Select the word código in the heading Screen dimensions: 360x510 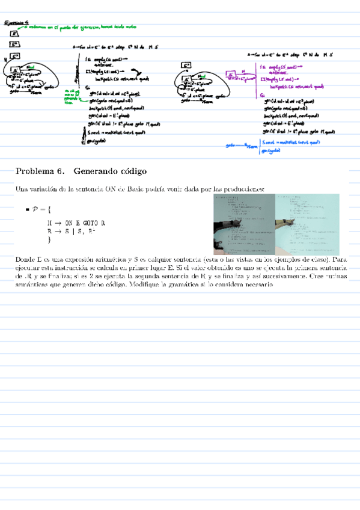[x=132, y=171]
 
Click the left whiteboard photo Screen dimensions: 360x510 [x=244, y=224]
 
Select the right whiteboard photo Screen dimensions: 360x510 [x=307, y=224]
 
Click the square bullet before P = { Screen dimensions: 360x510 [x=28, y=209]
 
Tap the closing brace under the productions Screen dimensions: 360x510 [x=49, y=239]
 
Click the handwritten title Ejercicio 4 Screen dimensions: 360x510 [x=16, y=23]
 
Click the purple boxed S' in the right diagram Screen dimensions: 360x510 [x=230, y=75]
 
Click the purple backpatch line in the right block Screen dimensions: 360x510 [x=293, y=89]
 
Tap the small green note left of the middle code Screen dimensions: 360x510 [x=70, y=96]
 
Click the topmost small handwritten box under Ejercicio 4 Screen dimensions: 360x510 [x=13, y=34]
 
